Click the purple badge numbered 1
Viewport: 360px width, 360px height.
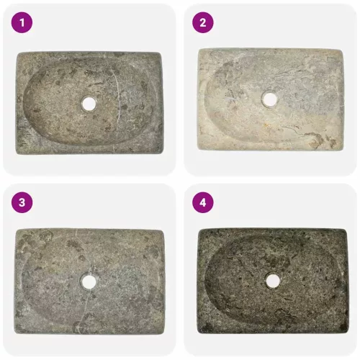(22, 23)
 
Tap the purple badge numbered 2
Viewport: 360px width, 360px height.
(203, 23)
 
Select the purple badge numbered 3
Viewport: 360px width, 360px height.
(22, 202)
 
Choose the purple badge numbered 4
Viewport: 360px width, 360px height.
(203, 202)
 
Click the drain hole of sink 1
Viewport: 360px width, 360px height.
(89, 104)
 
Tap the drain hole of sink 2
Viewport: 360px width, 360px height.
(270, 99)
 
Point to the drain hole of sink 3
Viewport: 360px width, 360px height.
(89, 282)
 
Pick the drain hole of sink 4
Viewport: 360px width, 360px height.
(273, 282)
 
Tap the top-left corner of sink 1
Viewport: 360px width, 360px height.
(18, 54)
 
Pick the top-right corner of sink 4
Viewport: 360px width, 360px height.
(346, 231)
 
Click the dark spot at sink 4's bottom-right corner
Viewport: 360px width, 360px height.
(343, 328)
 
